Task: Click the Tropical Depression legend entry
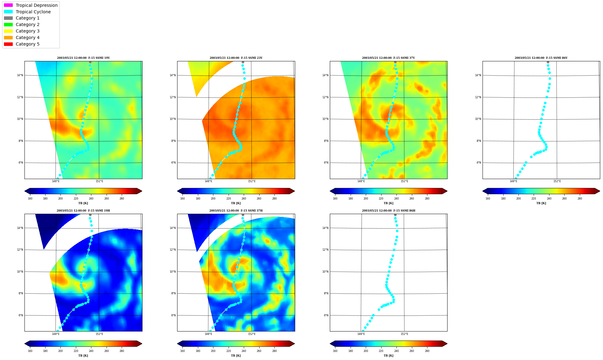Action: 31,5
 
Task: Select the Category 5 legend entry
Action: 22,44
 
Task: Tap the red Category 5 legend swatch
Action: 8,44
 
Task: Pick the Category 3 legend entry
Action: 22,31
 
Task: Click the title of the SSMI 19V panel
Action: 83,58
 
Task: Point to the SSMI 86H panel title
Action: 389,211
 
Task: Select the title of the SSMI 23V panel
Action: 236,58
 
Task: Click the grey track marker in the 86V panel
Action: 548,62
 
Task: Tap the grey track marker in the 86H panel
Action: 395,215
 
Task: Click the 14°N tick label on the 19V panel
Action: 20,75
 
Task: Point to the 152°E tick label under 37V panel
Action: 404,181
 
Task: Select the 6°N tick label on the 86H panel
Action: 326,315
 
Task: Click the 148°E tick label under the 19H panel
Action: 56,334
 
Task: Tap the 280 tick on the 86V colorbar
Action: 580,199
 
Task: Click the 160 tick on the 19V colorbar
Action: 30,199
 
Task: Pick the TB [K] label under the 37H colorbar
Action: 236,356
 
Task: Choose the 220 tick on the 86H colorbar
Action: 381,351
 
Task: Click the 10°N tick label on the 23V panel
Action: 173,119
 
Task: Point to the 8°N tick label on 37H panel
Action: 173,293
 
